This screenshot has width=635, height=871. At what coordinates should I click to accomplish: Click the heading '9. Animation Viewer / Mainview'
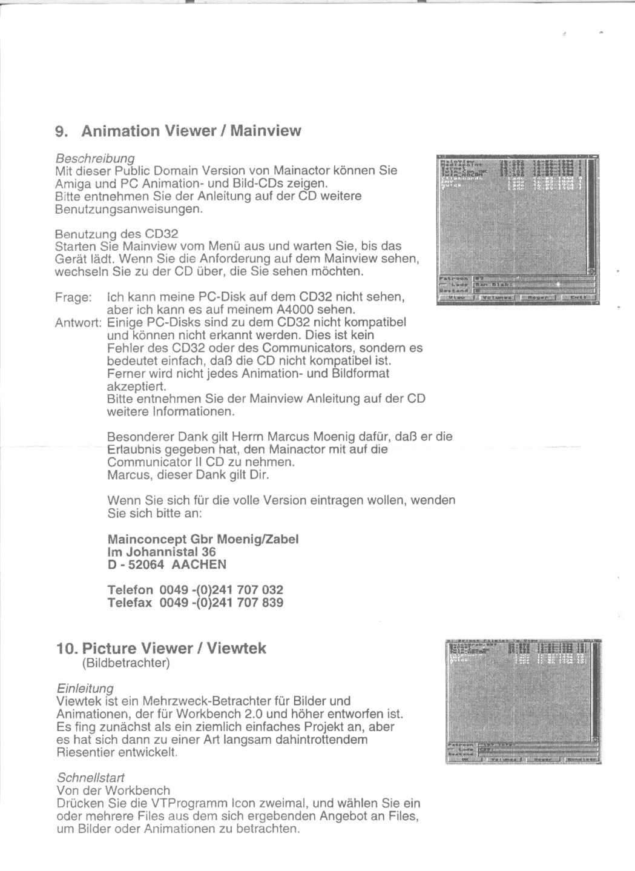coord(178,131)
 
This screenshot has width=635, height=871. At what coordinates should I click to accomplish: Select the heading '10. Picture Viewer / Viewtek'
coord(161,648)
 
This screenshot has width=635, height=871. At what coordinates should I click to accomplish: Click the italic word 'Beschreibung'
coord(94,159)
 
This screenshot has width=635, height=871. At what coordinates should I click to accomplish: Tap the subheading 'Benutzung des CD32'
coord(116,234)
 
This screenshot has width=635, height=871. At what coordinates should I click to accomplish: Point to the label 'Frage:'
coord(73,297)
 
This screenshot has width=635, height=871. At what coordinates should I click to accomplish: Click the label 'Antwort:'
coord(78,322)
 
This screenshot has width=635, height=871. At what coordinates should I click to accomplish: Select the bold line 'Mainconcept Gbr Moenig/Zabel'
coord(203,539)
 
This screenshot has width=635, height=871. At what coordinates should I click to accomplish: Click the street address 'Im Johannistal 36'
coord(162,552)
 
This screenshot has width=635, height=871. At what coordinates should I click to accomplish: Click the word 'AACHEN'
coord(199,565)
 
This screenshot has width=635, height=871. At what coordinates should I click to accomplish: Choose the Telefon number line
coord(195,590)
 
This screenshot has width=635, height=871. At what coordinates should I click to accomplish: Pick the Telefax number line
coord(195,603)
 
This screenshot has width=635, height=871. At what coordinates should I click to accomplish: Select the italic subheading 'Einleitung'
coord(85,689)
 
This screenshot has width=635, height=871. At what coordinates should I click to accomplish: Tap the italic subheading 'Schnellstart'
coord(91,777)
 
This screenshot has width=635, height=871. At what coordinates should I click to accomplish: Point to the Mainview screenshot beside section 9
coord(518,230)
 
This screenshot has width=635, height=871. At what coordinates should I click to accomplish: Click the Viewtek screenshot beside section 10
coord(524,701)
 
